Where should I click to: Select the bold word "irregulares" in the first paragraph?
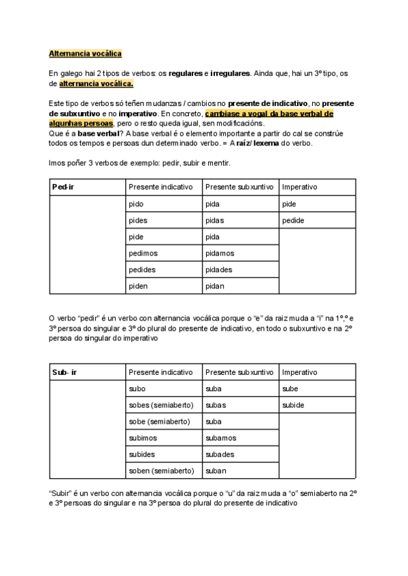[x=231, y=72]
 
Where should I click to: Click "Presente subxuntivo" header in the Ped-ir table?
[x=239, y=187]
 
